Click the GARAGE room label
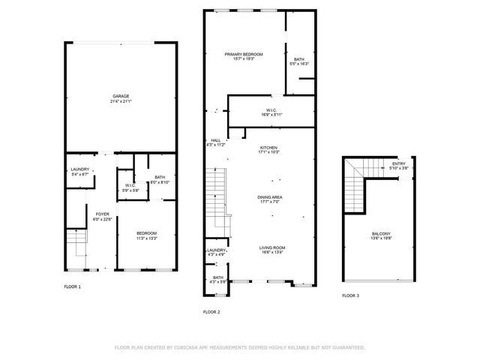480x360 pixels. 120,96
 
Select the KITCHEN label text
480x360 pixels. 269,148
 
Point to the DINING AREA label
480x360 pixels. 269,197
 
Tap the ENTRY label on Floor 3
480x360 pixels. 399,163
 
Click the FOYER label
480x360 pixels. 102,215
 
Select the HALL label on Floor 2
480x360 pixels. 215,140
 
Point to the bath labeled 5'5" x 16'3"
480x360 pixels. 299,60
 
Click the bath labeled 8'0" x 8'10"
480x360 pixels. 160,178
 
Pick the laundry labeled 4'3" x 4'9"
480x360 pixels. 216,251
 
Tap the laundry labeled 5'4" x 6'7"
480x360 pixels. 80,169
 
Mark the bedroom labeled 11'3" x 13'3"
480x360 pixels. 146,235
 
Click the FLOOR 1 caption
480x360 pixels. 73,286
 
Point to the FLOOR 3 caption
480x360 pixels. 350,295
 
